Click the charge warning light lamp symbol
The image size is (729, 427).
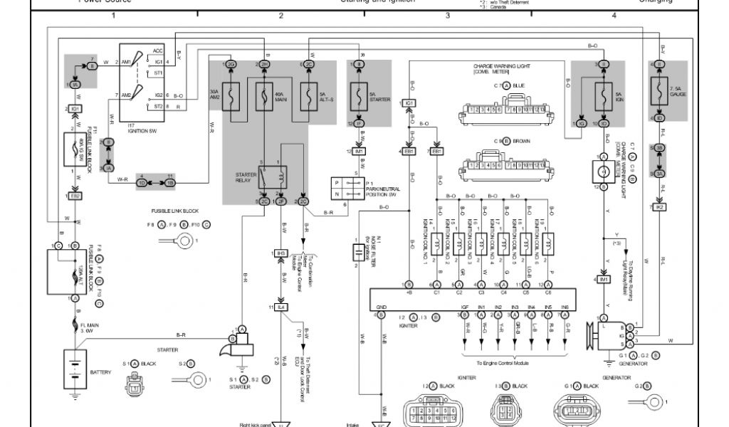coord(603,171)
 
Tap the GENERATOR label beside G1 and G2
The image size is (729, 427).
coord(634,363)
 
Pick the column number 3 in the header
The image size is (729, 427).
coord(448,15)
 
